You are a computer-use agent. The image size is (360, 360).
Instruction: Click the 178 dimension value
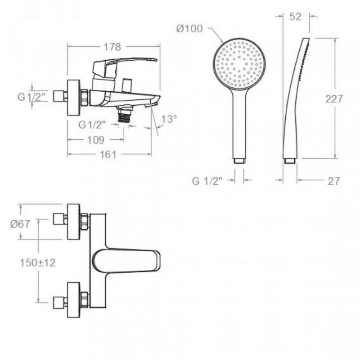tap(112, 47)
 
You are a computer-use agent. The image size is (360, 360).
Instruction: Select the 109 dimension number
tap(96, 140)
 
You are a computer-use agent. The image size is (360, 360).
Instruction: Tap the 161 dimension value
tap(108, 155)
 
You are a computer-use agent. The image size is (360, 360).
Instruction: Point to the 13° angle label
tap(169, 120)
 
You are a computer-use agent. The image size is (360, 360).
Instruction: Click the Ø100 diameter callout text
tap(189, 29)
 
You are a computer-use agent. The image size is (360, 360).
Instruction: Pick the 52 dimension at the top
tap(295, 17)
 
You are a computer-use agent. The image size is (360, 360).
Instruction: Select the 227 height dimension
tap(334, 99)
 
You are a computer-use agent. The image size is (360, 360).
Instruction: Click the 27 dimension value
tap(333, 181)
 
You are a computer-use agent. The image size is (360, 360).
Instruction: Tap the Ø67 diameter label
tap(20, 224)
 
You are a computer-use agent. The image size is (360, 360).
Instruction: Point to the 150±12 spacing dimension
tap(38, 263)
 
